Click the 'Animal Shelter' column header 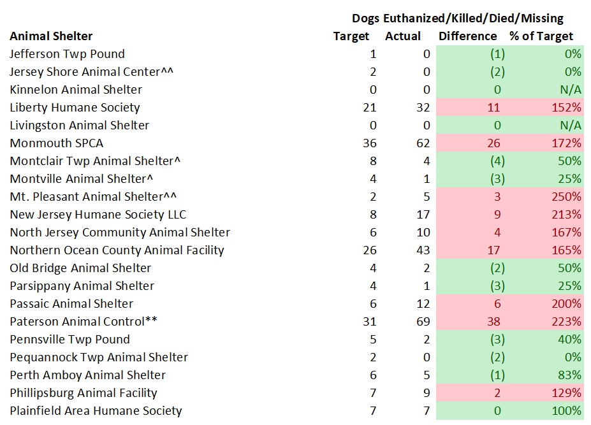[x=51, y=36]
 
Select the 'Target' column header [x=351, y=36]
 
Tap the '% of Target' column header [x=541, y=36]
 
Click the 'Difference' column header [x=467, y=36]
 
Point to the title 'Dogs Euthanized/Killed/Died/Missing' [x=457, y=18]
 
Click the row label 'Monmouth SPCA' [x=56, y=143]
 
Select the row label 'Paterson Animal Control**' [x=84, y=322]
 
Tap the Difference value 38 [x=493, y=322]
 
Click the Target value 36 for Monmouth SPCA [x=369, y=143]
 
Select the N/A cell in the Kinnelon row [x=568, y=90]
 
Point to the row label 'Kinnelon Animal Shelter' [x=76, y=90]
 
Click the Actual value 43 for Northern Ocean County [x=423, y=250]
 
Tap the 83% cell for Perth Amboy [x=569, y=375]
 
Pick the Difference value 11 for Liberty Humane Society [x=493, y=108]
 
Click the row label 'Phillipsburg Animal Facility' [x=84, y=393]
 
